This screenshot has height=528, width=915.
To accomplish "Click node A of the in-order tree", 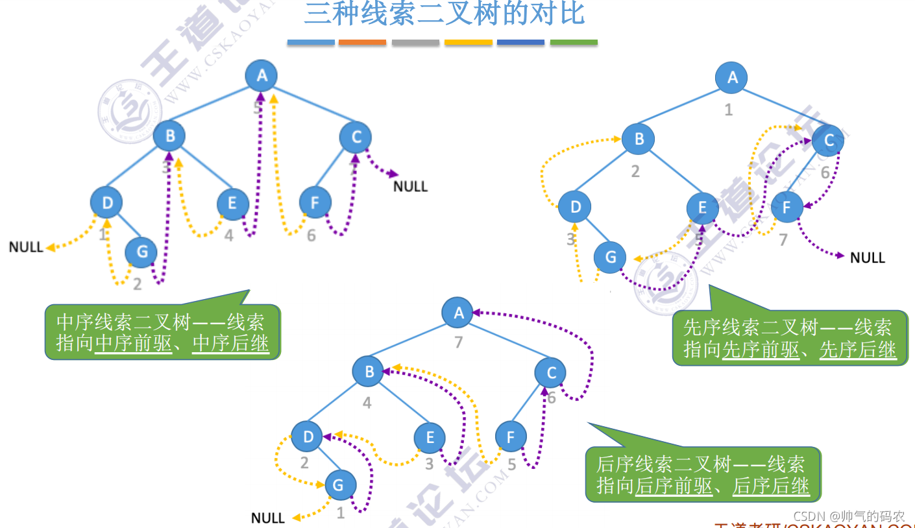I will tap(262, 75).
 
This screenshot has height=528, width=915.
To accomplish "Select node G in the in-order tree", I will tap(141, 252).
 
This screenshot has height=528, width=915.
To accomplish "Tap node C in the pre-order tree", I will tap(828, 140).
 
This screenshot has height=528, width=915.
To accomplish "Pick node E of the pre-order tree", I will tap(703, 208).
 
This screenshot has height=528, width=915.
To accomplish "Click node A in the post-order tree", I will tap(458, 313).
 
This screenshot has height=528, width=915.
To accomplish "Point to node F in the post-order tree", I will tap(511, 437).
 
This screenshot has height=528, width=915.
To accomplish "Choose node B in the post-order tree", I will tap(369, 372).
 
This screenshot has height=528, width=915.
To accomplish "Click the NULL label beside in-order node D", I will tap(26, 247).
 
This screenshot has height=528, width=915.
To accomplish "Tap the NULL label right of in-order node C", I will tap(411, 186).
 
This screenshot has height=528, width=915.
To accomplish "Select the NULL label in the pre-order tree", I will tap(868, 258).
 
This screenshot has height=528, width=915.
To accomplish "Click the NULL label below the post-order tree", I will tap(268, 518).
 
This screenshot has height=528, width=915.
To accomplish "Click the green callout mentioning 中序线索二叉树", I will tap(162, 332).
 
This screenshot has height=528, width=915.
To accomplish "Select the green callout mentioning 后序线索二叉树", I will tap(703, 474).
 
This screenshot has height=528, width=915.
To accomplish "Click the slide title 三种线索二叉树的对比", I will tap(445, 14).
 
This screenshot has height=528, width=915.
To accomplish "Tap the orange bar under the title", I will tap(362, 43).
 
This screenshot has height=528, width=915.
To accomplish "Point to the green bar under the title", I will tap(574, 43).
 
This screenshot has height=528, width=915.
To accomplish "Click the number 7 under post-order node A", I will tap(459, 341).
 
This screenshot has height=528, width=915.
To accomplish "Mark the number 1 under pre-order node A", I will tap(729, 110).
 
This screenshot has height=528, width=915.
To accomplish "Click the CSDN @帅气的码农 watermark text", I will tap(849, 516).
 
